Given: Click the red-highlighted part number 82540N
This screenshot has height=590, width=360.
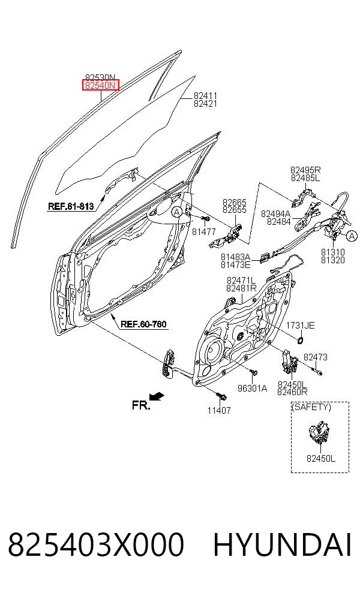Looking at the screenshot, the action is point(101,85).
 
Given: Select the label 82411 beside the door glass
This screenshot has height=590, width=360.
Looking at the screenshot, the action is point(205,96).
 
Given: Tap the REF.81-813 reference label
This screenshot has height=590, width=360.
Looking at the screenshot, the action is point(71,206).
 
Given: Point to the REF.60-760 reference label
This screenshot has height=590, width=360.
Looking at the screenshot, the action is point(143,324).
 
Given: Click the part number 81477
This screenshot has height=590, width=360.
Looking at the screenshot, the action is point(204,232).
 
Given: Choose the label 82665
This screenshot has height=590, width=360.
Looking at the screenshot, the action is point(234,203).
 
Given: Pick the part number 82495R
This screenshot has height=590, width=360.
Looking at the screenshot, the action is point(305,170).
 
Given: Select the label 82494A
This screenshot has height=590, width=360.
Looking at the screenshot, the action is point(275,213).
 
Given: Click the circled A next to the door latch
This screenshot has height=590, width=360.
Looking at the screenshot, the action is point(351,236).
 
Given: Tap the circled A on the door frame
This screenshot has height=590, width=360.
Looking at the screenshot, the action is point(176,212).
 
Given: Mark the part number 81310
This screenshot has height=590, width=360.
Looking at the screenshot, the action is point(332,252).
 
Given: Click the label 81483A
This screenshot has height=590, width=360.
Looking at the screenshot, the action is point(235,257).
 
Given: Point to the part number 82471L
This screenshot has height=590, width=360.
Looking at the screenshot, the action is point(241,281).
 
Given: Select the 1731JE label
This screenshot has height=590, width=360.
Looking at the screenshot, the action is point(300,326).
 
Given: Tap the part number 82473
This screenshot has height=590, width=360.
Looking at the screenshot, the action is point(316,357).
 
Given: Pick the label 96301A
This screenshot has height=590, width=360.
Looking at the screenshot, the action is point(252,389).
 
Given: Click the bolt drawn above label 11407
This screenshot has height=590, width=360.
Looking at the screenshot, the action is point(221,396).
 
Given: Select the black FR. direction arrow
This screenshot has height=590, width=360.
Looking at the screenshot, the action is point(156,396).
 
